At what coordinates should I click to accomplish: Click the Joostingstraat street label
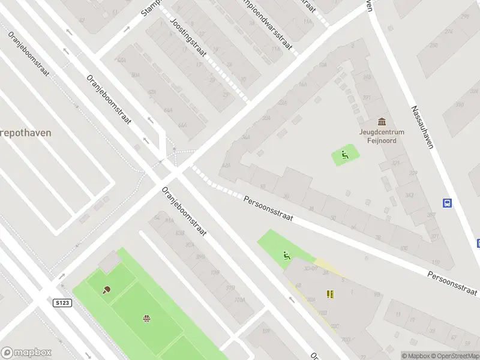[x=188, y=37]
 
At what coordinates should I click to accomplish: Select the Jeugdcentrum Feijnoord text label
[x=382, y=136]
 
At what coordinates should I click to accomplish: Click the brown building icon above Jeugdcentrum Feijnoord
[x=382, y=122]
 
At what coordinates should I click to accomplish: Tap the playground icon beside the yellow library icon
[x=287, y=257]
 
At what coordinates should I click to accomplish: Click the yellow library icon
[x=329, y=294]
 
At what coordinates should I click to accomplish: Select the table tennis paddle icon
[x=107, y=290]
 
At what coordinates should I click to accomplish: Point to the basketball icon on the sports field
[x=146, y=318]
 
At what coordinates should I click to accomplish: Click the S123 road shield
[x=62, y=303]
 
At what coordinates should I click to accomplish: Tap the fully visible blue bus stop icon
[x=447, y=203]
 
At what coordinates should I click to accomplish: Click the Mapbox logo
[x=26, y=353]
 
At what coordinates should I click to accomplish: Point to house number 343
[x=409, y=195]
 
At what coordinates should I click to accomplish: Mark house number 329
[x=412, y=173]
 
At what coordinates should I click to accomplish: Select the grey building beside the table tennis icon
[x=110, y=262]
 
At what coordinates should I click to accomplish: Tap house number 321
[x=396, y=163]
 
